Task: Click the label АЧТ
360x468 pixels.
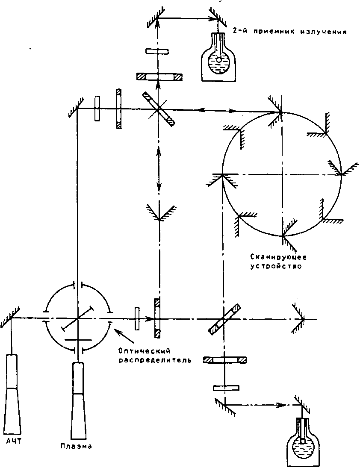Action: [14, 441]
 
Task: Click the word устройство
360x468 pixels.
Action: [277, 266]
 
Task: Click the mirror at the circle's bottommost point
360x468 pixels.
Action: [282, 235]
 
